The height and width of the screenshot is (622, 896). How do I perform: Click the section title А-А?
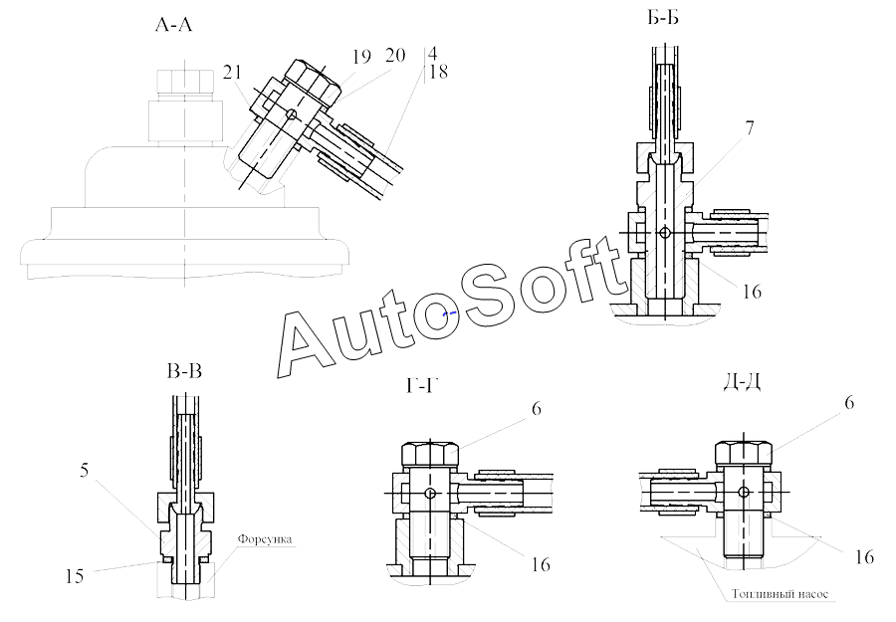[173, 25]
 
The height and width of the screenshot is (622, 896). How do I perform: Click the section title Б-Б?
[663, 19]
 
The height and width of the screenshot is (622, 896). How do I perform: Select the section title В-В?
[184, 371]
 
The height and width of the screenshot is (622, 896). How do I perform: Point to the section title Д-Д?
[742, 382]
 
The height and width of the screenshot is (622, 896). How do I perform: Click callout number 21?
[233, 72]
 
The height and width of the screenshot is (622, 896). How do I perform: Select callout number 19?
[361, 57]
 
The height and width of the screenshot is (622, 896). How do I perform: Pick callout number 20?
[395, 55]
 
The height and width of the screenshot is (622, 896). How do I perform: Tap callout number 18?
[438, 72]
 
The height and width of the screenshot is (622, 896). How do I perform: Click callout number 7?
[749, 128]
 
